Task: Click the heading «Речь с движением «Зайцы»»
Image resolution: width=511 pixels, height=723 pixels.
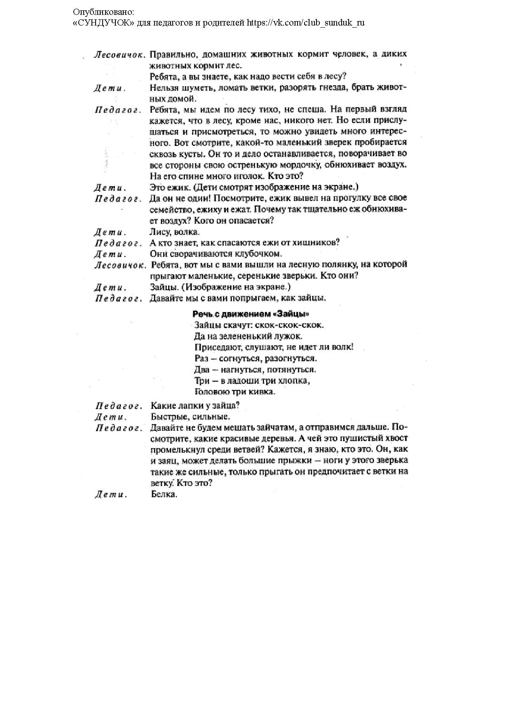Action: (x=251, y=314)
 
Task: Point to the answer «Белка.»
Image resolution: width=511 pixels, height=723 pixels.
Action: (x=164, y=494)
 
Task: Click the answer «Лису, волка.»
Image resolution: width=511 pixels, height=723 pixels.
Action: (x=174, y=232)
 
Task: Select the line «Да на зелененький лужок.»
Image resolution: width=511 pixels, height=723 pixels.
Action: (x=248, y=336)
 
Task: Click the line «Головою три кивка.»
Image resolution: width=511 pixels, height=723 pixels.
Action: (x=234, y=392)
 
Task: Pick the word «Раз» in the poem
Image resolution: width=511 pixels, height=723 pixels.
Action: (x=202, y=358)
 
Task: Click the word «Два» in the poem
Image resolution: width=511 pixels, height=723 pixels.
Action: (x=202, y=369)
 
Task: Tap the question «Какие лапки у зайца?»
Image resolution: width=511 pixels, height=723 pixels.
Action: (x=195, y=405)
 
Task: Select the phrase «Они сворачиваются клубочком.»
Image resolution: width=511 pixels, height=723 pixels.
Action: (x=216, y=254)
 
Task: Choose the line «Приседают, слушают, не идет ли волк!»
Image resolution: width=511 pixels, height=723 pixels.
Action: (x=274, y=347)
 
